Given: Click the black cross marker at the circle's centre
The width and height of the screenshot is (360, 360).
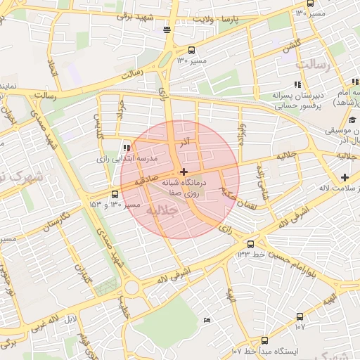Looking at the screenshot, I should tap(184, 172).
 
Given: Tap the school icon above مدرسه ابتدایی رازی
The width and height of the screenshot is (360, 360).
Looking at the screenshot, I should tap(126, 148).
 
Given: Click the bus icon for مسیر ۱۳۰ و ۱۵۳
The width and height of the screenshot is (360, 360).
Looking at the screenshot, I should tap(115, 195).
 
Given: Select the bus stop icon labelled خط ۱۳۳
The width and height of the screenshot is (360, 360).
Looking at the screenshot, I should tap(250, 244).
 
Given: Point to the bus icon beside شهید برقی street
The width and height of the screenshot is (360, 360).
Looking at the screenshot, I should tap(167, 30).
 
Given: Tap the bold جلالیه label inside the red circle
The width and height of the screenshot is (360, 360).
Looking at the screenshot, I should tap(163, 210).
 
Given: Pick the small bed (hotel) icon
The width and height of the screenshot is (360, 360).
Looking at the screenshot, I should tap(206, 321).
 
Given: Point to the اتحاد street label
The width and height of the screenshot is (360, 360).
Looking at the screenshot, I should tap(51, 68).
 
